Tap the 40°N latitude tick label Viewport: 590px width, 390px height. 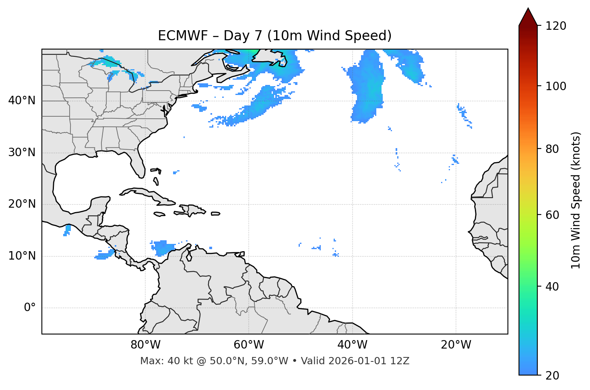point(22,101)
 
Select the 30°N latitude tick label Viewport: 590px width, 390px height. point(22,153)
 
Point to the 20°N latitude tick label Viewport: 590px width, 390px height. point(22,204)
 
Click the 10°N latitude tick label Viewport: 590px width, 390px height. point(22,256)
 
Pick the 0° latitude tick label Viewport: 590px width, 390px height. point(29,308)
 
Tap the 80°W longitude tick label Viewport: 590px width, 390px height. point(145,345)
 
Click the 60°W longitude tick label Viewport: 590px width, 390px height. point(249,345)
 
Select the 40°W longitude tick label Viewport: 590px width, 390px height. point(353,345)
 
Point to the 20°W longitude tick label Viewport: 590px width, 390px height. point(456,345)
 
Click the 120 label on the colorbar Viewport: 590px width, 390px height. point(556,26)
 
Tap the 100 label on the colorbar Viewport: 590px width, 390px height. point(556,86)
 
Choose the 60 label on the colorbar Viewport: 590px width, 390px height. point(552,215)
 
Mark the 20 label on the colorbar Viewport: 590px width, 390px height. point(552,376)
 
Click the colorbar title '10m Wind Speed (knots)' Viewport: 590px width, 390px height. point(576,200)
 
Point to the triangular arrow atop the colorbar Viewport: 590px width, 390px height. point(528,17)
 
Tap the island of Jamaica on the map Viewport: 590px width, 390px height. point(159,214)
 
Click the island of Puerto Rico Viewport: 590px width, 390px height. point(215,214)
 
